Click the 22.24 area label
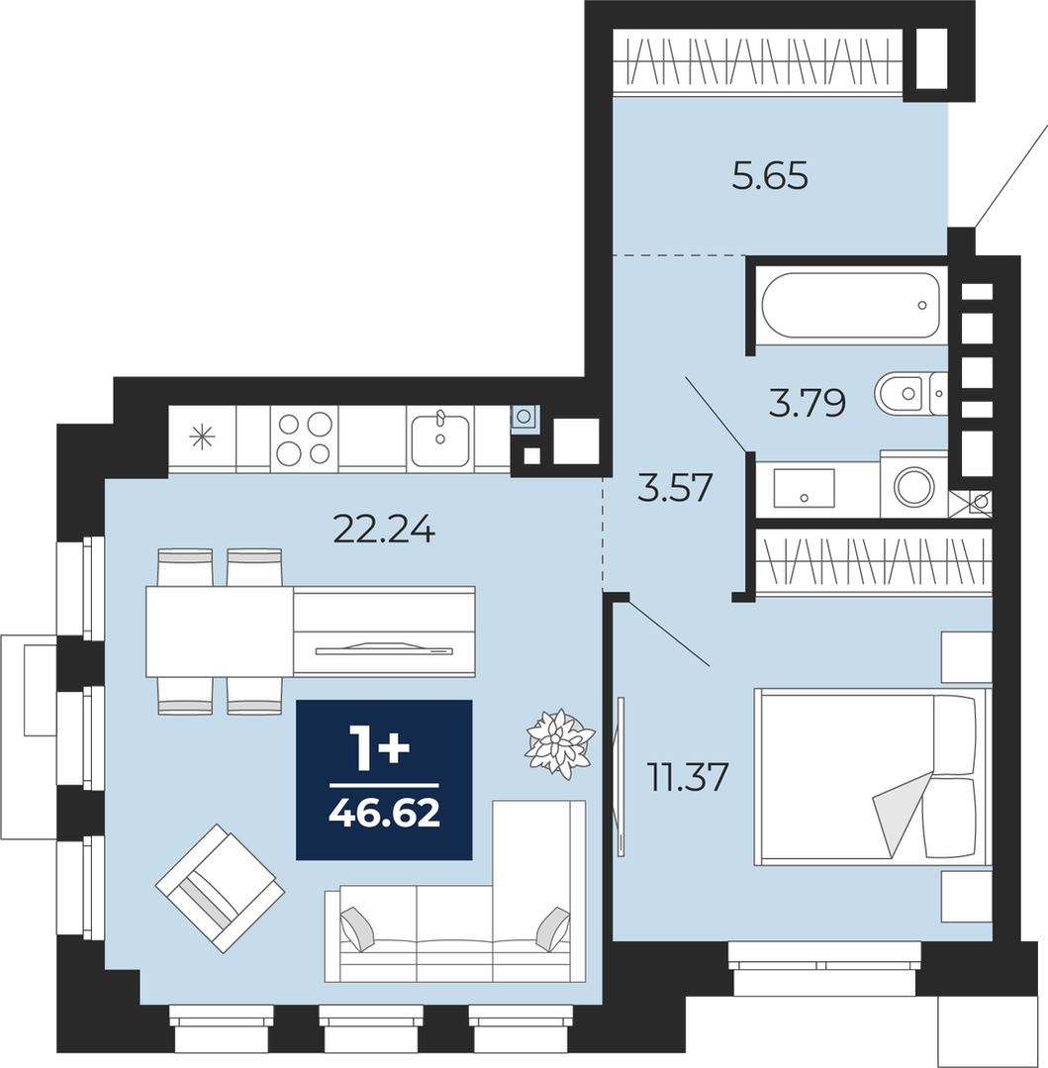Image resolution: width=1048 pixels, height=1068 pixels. [384, 529]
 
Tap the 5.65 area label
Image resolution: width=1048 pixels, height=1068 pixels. [770, 177]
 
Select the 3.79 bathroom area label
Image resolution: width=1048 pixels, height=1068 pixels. [808, 403]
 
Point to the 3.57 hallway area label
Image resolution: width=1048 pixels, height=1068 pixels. [675, 488]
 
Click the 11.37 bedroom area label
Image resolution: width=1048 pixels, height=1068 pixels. [688, 777]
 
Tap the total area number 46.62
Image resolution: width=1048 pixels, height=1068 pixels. [384, 813]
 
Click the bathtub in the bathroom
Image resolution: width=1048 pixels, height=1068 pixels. [850, 305]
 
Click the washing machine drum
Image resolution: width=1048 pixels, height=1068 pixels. [913, 486]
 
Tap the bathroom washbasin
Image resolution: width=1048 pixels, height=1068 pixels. [804, 488]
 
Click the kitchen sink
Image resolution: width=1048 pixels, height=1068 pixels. [440, 438]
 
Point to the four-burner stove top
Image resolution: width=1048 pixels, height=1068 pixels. [305, 438]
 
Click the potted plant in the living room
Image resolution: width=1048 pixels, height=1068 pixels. [559, 743]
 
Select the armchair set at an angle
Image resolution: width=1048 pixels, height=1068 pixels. [220, 888]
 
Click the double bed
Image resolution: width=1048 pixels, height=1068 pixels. [872, 777]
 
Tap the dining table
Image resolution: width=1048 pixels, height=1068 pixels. [220, 631]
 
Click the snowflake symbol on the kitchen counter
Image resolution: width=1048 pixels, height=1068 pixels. [202, 437]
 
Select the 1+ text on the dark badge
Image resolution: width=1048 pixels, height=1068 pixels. [379, 748]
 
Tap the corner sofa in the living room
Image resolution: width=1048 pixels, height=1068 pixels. [455, 892]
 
